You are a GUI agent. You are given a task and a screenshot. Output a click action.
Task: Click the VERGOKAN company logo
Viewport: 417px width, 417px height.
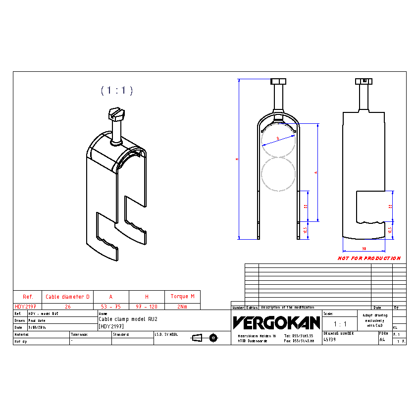pos(276,323)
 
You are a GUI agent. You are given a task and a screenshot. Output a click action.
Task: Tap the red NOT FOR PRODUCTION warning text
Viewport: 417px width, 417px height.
pos(369,258)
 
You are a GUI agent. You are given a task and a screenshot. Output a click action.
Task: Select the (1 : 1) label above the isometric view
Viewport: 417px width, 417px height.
pos(117,90)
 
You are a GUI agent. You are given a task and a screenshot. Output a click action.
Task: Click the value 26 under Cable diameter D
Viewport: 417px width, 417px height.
pos(67,307)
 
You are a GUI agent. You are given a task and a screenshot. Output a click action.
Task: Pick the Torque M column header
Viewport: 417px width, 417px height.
pos(182,296)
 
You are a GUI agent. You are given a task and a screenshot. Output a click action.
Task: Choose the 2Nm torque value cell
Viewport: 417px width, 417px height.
pos(182,307)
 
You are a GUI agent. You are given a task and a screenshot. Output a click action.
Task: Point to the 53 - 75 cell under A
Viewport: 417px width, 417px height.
pos(111,307)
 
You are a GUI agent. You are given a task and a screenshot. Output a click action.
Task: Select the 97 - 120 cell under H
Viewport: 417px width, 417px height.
pos(147,307)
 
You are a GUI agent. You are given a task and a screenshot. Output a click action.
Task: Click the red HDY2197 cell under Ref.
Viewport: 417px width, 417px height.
pos(25,307)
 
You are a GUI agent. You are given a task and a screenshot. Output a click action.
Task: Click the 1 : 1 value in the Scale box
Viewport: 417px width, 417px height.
pos(340,324)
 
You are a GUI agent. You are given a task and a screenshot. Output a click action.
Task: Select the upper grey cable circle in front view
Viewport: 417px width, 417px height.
pos(278,140)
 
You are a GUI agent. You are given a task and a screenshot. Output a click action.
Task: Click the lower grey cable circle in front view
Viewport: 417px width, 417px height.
pos(278,174)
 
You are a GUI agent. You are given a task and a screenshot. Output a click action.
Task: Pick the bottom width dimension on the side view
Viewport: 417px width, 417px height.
pos(364,248)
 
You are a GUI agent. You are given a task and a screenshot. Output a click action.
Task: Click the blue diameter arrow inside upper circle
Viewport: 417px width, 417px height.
pos(278,138)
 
